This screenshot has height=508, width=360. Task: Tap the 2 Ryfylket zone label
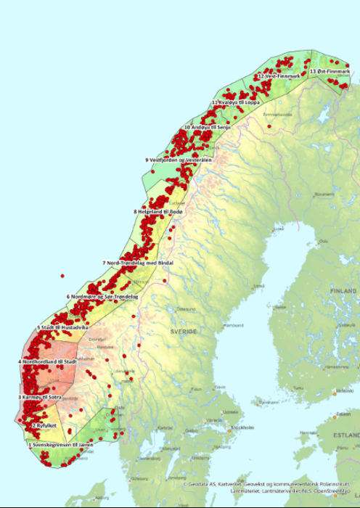tap(44, 425)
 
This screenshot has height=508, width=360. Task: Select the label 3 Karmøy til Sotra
tap(39, 398)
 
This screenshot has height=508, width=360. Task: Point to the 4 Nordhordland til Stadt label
tap(47, 361)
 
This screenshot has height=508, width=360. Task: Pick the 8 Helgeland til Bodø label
tap(158, 211)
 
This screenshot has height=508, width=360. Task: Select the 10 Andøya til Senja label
tap(206, 127)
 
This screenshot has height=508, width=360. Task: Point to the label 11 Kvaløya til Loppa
tap(236, 102)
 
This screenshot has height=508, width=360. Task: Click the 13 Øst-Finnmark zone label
tap(330, 71)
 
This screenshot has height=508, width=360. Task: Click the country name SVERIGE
tap(184, 332)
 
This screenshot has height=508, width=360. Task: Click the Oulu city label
tap(322, 241)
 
